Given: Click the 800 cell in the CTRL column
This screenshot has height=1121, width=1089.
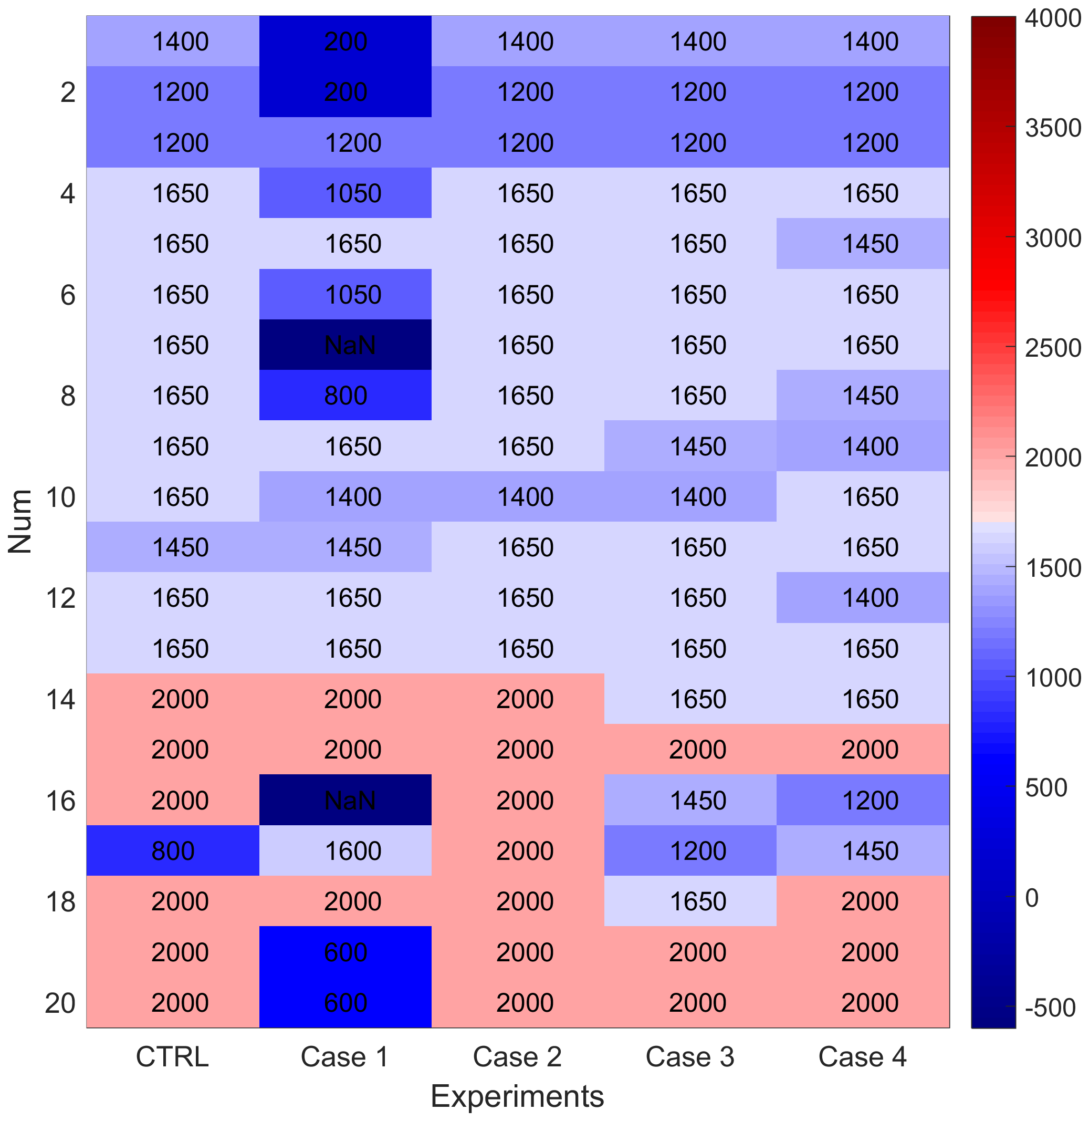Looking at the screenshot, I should point(173,850).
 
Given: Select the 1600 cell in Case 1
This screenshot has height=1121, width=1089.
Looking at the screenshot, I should point(345,850).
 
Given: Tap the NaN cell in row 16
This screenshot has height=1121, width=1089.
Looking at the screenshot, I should point(345,800).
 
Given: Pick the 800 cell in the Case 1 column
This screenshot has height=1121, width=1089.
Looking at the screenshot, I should point(345,396).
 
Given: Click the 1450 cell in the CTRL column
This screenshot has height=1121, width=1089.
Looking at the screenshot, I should point(173,547).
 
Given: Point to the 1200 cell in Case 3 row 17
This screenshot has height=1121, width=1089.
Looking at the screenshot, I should point(690,850).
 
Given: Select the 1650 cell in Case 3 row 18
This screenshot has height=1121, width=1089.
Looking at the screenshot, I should point(690,901).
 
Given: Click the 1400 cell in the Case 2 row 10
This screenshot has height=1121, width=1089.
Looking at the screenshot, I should point(518,497).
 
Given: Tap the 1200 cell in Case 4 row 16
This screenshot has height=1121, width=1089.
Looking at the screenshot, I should point(863,800).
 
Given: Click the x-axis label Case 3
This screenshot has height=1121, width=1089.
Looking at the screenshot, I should point(690,1057).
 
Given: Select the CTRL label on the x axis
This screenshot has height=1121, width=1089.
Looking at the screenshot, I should point(172,1057).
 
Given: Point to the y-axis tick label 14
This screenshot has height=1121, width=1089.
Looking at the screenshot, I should point(60,699).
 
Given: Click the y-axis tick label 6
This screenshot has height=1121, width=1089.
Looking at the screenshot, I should point(68,295).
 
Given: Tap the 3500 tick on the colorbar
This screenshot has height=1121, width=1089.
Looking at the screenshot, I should point(1052,128).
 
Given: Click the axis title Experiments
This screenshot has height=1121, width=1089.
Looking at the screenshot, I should point(517,1096).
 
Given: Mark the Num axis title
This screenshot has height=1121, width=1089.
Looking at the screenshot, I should point(20,521).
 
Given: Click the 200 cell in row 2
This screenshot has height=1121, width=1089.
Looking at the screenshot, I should point(345,92).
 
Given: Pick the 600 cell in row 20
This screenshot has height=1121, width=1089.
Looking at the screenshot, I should point(345,1003).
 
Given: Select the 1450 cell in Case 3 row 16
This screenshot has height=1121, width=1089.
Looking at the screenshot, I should point(690,800).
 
